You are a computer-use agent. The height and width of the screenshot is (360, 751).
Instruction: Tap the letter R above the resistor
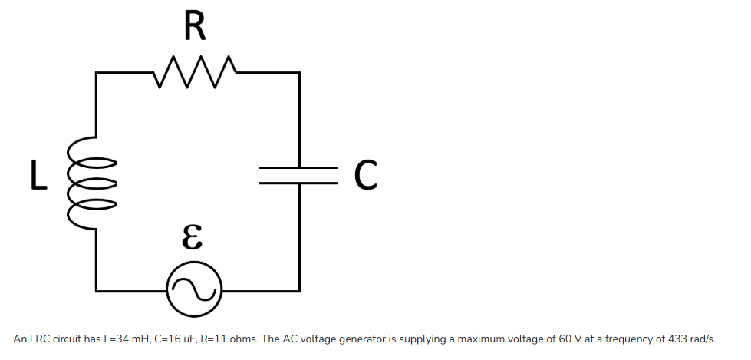[x=195, y=28]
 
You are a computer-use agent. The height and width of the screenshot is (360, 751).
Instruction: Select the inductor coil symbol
[x=94, y=183]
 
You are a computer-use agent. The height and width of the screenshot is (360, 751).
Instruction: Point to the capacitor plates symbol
[x=298, y=176]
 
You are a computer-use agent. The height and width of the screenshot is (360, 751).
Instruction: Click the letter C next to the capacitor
[x=366, y=176]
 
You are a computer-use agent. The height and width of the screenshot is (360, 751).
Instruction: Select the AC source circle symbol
[x=195, y=291]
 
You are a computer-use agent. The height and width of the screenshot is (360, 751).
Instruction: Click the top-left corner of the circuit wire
[x=97, y=73]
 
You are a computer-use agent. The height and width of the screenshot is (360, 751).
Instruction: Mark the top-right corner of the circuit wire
[x=298, y=73]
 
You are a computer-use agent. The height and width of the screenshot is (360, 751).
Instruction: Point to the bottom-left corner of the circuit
[x=97, y=291]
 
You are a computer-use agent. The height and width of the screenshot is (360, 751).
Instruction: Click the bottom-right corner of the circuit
[x=298, y=291]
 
